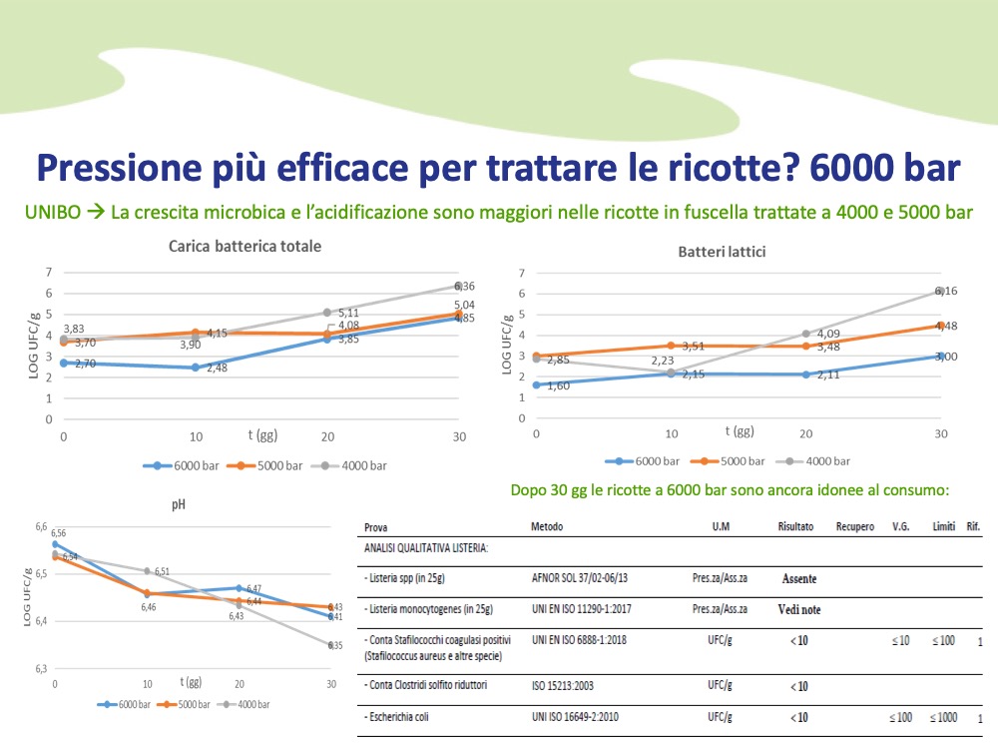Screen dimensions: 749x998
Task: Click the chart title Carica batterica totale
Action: tap(246, 247)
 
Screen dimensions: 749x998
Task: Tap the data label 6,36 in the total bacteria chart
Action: tap(464, 286)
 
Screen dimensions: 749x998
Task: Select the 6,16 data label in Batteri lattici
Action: tap(946, 291)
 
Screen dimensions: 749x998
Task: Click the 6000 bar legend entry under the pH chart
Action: tap(131, 704)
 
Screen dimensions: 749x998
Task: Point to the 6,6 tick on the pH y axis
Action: tap(40, 526)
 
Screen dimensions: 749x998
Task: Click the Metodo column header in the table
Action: tap(548, 526)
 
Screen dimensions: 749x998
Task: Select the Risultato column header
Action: tap(795, 526)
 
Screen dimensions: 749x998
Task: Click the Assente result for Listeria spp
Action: tap(800, 578)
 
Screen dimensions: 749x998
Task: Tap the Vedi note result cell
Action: tap(800, 608)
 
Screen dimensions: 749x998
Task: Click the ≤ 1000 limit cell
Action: tap(945, 717)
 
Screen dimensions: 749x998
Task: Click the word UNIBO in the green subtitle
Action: tap(47, 213)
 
